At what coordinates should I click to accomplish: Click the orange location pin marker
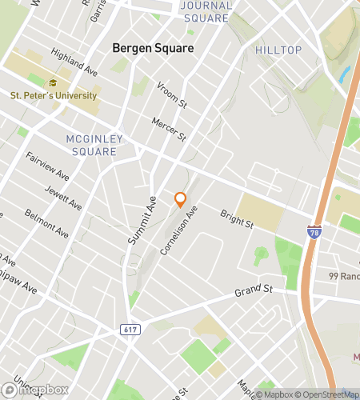pyautogui.click(x=180, y=199)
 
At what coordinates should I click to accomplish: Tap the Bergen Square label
pyautogui.click(x=153, y=48)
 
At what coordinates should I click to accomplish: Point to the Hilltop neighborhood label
pyautogui.click(x=278, y=50)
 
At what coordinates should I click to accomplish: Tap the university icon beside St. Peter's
pyautogui.click(x=54, y=82)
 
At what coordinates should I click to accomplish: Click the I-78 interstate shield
pyautogui.click(x=315, y=230)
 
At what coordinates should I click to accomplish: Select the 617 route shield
pyautogui.click(x=130, y=329)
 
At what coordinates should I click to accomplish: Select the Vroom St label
pyautogui.click(x=171, y=94)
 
